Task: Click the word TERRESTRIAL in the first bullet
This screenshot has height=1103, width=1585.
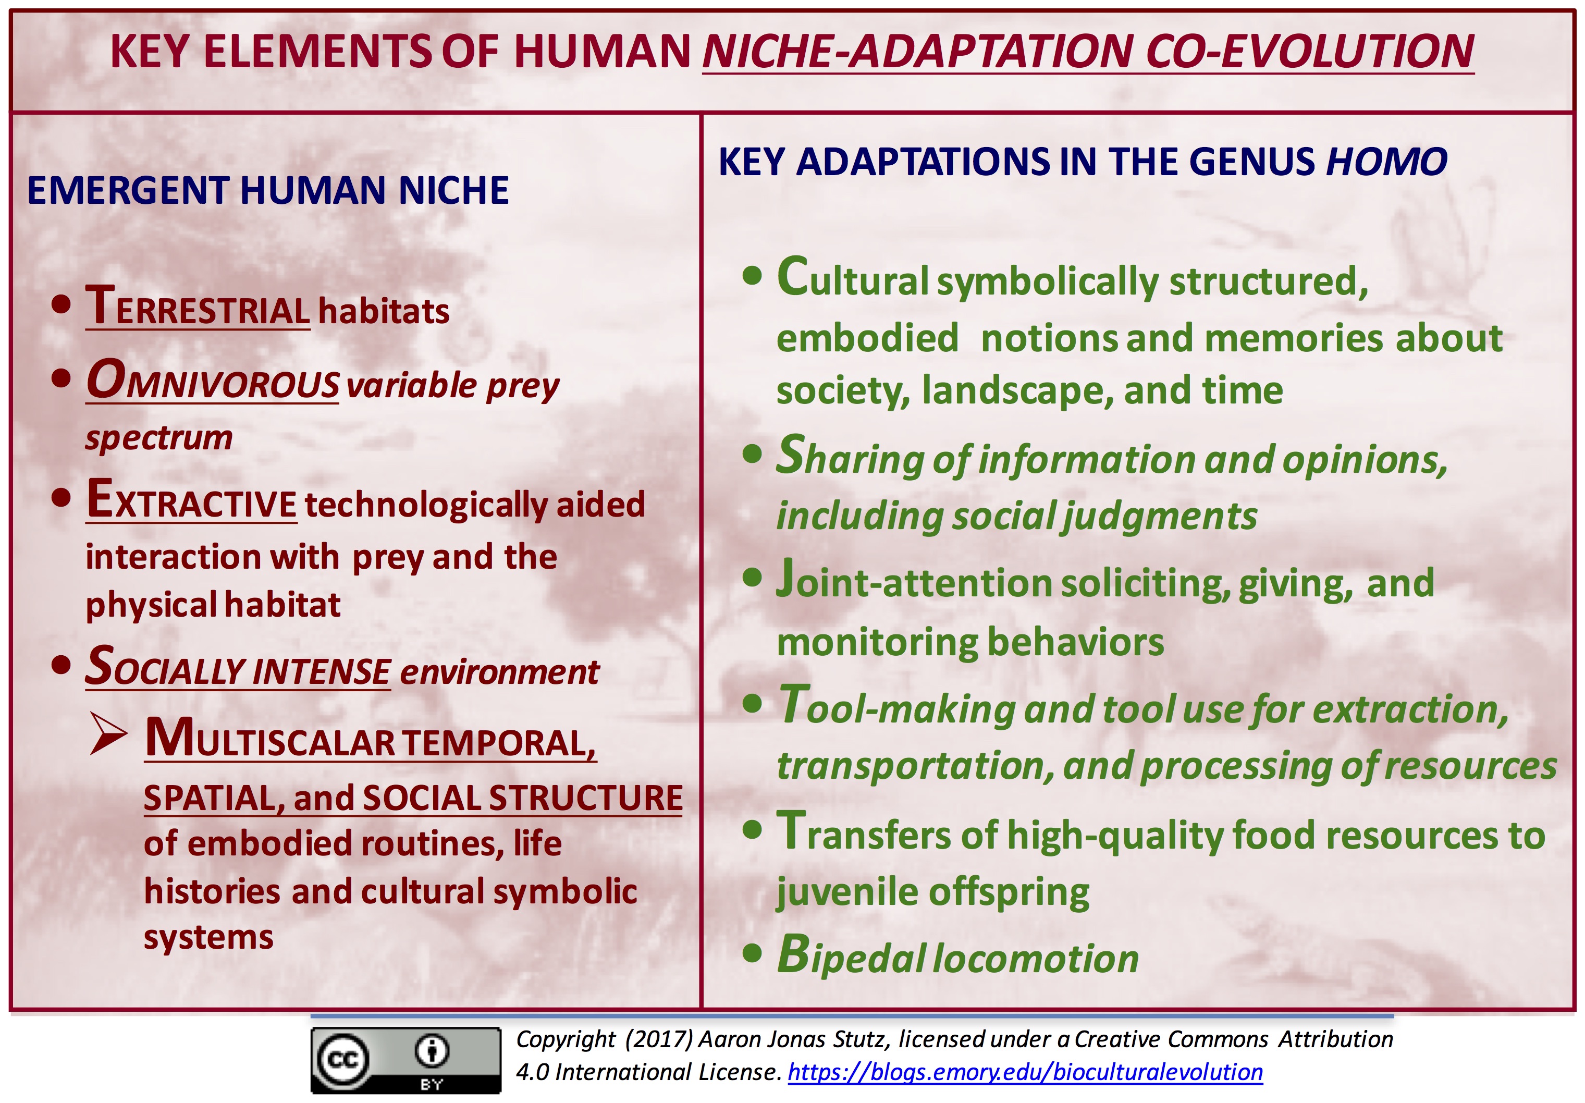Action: tap(198, 309)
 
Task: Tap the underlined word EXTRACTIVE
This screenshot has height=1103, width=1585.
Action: tap(192, 502)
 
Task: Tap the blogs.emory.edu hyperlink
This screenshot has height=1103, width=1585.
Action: tap(1025, 1072)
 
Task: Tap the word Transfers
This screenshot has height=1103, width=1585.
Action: tap(863, 833)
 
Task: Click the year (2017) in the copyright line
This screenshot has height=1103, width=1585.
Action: tap(659, 1039)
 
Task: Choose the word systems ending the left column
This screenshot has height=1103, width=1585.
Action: tap(208, 937)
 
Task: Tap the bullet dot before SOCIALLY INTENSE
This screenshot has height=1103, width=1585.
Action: tap(62, 665)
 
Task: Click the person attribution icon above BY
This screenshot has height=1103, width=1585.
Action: tap(432, 1051)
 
